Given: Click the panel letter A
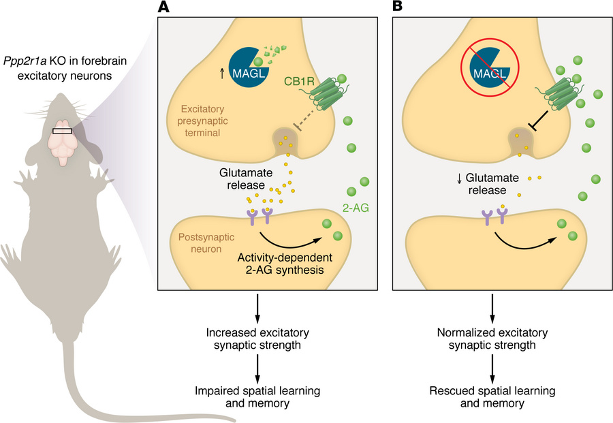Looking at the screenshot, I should click(164, 8).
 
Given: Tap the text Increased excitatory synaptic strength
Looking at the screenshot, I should click(257, 339).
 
